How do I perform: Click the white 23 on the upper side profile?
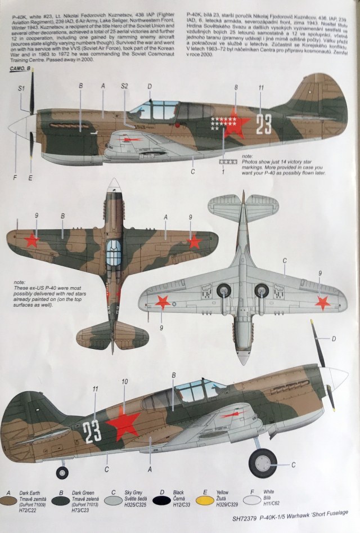pyautogui.click(x=264, y=124)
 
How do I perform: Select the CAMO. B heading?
pyautogui.click(x=21, y=69)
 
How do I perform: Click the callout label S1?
pyautogui.click(x=21, y=88)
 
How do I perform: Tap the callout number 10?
pyautogui.click(x=124, y=382)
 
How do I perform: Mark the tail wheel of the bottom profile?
pyautogui.click(x=62, y=472)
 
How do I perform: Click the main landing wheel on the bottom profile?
pyautogui.click(x=263, y=463)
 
